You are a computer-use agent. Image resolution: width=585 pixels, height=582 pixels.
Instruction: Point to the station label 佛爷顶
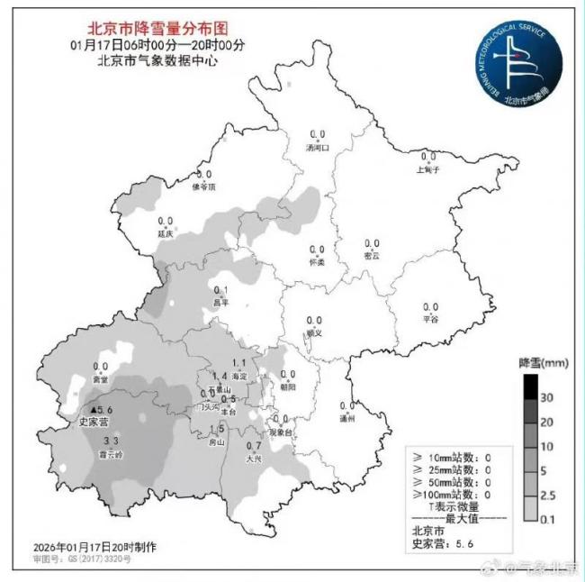(x=204, y=186)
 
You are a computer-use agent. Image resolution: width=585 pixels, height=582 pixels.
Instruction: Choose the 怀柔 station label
(x=316, y=261)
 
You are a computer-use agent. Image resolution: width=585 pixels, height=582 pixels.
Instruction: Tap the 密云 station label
(x=371, y=256)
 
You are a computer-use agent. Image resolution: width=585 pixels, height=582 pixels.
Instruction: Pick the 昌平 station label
(x=220, y=303)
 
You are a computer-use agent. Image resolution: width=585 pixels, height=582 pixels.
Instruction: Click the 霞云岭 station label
(x=112, y=456)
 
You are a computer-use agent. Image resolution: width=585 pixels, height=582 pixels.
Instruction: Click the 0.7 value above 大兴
(x=254, y=446)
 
